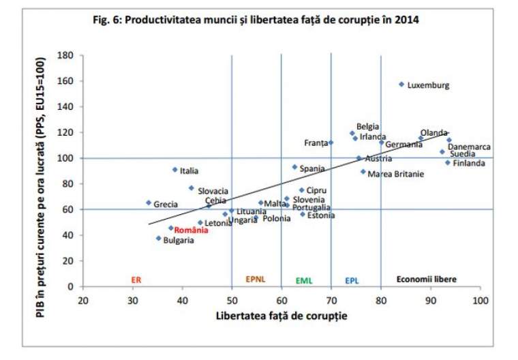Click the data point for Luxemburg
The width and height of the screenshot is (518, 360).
[x=401, y=85]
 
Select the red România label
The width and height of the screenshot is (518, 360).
[x=190, y=230]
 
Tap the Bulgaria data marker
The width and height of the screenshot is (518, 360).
[x=159, y=238]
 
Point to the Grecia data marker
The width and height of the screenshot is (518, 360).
[x=149, y=202]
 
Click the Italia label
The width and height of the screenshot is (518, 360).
[x=189, y=171]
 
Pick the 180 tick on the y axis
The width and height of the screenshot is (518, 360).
[x=66, y=55]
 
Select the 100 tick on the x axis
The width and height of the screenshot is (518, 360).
[x=481, y=300]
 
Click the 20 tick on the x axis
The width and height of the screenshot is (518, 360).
[x=83, y=300]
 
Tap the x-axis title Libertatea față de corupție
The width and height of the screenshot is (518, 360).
[x=281, y=316]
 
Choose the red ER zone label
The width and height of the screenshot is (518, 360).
[x=136, y=280]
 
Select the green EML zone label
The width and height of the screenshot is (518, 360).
[x=304, y=280]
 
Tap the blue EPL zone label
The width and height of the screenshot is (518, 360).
[x=352, y=280]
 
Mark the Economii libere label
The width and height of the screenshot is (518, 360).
[x=427, y=280]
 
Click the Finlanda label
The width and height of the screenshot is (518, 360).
[x=469, y=164]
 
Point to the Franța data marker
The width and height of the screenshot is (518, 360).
[x=331, y=142]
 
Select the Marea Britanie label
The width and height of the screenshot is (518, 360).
[x=395, y=175]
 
